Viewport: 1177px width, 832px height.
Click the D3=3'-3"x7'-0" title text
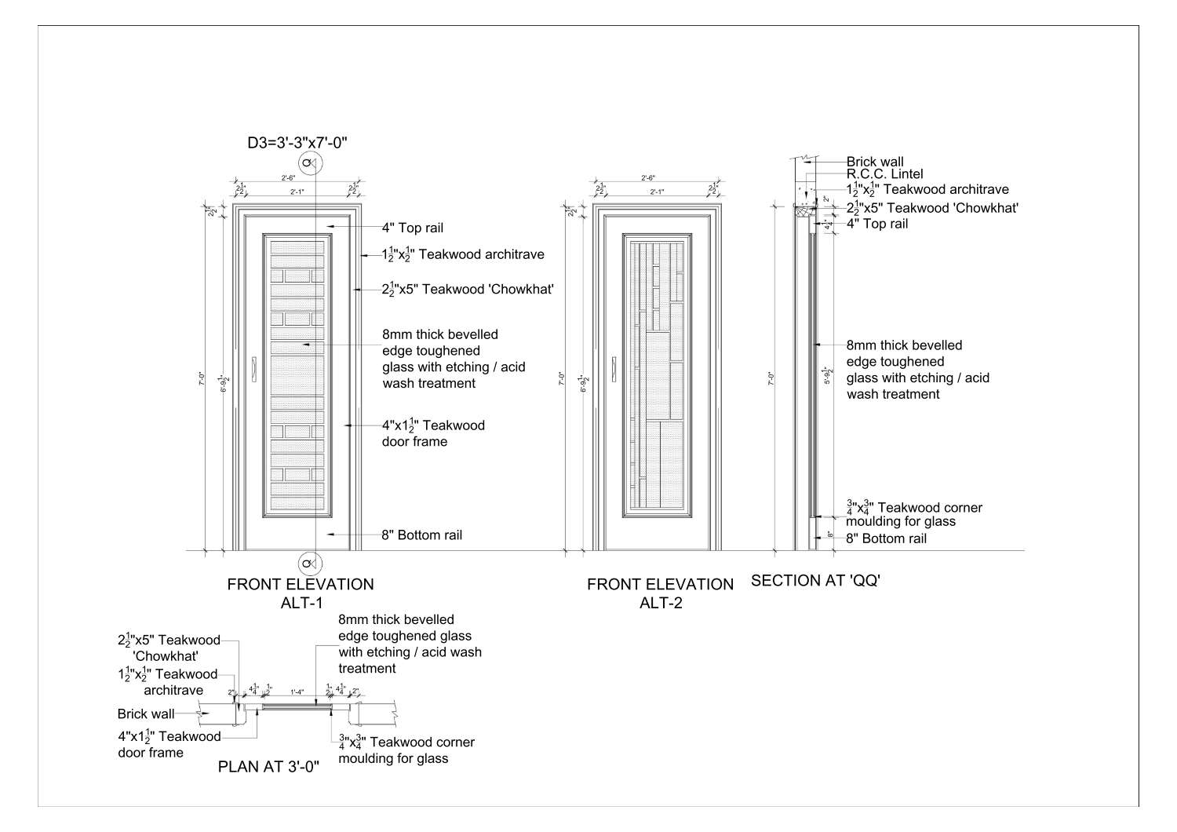[x=297, y=142]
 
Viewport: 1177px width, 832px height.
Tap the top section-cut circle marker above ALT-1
[x=312, y=163]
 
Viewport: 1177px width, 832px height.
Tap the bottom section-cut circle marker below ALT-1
[x=312, y=564]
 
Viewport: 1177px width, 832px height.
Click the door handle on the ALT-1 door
[x=255, y=370]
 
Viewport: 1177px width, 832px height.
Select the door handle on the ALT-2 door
[x=614, y=370]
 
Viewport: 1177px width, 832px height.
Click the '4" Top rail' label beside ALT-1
[x=412, y=228]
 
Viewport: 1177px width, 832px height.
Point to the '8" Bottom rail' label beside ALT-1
[x=421, y=535]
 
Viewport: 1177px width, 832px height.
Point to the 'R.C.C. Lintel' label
[x=884, y=174]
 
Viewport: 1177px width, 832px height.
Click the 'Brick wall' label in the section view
[x=874, y=162]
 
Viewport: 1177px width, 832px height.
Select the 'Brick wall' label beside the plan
[x=146, y=714]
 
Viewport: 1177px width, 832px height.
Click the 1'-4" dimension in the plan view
[x=297, y=692]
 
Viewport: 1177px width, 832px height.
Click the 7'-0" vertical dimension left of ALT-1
[x=209, y=379]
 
